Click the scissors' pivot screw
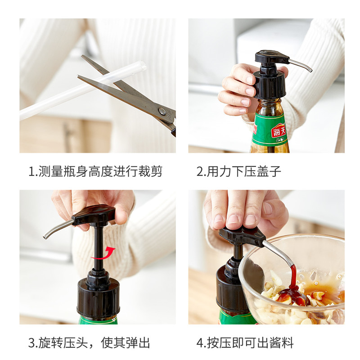[x=162, y=111]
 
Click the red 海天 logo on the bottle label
[x=278, y=130]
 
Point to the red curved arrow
[x=103, y=254]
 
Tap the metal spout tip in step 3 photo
[x=45, y=237]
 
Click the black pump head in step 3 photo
[x=94, y=215]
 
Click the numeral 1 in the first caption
[x=31, y=171]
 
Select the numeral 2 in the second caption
[x=200, y=171]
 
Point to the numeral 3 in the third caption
[x=31, y=343]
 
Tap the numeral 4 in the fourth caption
[x=200, y=343]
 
